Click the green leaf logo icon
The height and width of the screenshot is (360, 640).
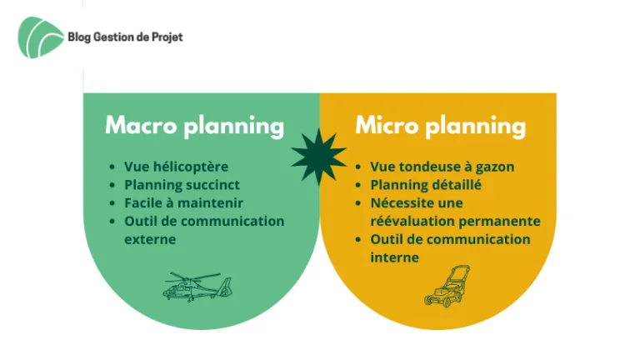coord(40,37)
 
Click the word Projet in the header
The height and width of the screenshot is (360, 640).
coord(167,37)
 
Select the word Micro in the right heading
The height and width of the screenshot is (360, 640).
coord(387,125)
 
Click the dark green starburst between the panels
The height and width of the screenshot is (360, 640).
coord(319,157)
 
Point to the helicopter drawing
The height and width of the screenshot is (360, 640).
coord(197,287)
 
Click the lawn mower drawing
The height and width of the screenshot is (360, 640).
coord(447,287)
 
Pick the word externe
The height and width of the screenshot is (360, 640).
coord(150,239)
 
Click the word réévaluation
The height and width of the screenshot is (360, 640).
coord(412,221)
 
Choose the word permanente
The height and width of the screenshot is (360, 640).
coord(498,221)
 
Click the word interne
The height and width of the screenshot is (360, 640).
coord(395,257)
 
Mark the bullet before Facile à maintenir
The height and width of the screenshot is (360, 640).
coord(112,203)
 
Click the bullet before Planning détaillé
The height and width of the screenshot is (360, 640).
coord(358,185)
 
